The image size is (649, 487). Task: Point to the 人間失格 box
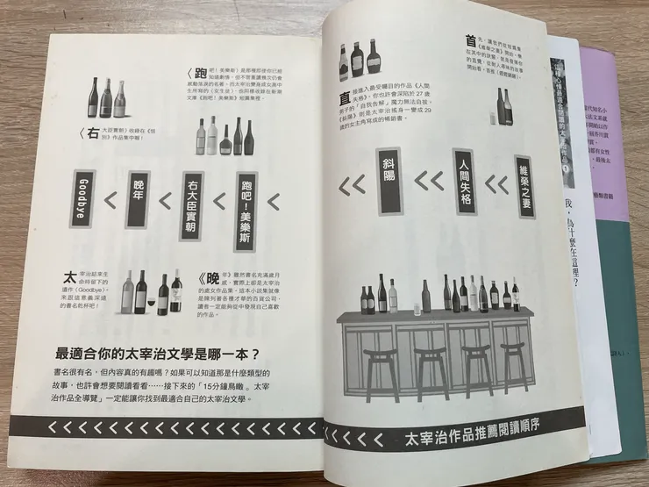point(463,181)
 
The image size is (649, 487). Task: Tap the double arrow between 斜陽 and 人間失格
point(428,183)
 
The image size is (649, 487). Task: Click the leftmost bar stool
point(379,370)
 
